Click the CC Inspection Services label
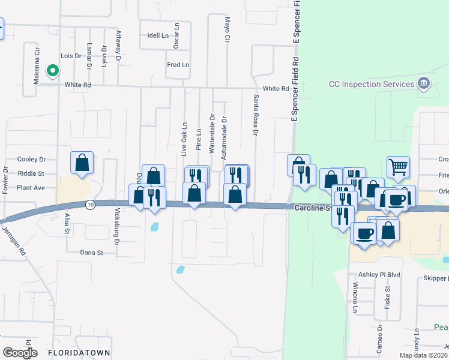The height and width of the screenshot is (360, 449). tap(372, 84)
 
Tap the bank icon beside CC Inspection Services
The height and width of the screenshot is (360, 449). tap(424, 83)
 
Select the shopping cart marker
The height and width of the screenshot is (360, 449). tap(399, 167)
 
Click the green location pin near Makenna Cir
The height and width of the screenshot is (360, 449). tap(53, 71)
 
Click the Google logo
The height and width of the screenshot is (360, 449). tap(20, 352)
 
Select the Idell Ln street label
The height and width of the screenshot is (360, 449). tap(158, 35)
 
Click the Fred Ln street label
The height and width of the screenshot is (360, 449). tap(178, 65)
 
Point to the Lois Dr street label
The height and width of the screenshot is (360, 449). tap(70, 55)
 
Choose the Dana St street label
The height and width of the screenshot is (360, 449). tap(92, 253)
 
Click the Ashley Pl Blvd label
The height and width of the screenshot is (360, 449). tap(379, 274)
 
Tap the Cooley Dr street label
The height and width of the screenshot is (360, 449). tap(31, 160)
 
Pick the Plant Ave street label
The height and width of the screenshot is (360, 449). tap(31, 188)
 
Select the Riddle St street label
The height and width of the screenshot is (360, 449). tap(31, 173)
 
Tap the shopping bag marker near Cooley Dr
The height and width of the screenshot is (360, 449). tap(82, 163)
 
